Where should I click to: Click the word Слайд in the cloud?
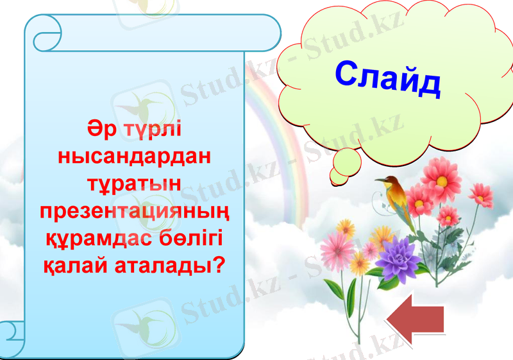tap(388, 77)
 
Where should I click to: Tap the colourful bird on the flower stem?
tap(399, 198)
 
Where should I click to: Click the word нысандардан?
tap(135, 156)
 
